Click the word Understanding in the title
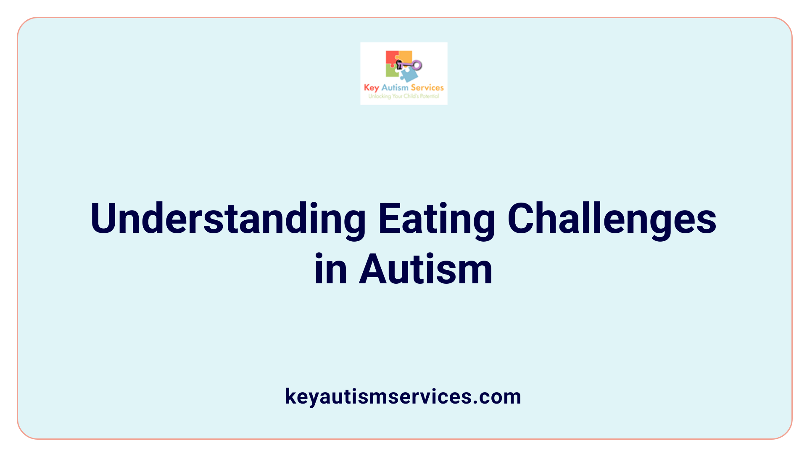click(x=228, y=219)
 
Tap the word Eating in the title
click(x=436, y=219)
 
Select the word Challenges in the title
click(x=612, y=219)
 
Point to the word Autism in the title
click(x=425, y=269)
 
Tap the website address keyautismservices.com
click(x=403, y=396)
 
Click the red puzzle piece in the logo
click(x=392, y=58)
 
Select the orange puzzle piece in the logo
click(x=405, y=57)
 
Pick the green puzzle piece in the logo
click(x=392, y=71)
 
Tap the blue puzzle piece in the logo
click(x=409, y=75)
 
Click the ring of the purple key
click(x=417, y=65)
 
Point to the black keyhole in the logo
click(x=399, y=65)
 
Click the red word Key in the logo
click(x=372, y=88)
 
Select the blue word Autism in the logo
click(x=395, y=87)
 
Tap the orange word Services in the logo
click(x=427, y=87)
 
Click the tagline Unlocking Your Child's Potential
click(x=403, y=96)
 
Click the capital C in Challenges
click(x=521, y=219)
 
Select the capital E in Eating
click(x=388, y=219)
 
